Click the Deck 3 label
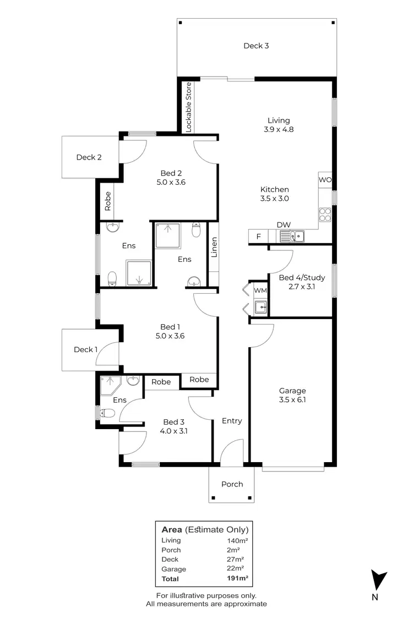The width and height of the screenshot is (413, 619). pyautogui.click(x=256, y=46)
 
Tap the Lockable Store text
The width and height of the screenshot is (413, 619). pyautogui.click(x=188, y=107)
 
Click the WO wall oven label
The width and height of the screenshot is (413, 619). pyautogui.click(x=324, y=180)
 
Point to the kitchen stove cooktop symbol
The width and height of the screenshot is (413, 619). pyautogui.click(x=325, y=213)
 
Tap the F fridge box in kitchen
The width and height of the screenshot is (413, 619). pyautogui.click(x=258, y=237)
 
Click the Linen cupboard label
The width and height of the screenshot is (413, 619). pyautogui.click(x=214, y=247)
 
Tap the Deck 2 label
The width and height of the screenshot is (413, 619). pyautogui.click(x=89, y=157)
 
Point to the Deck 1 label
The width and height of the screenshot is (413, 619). pyautogui.click(x=85, y=349)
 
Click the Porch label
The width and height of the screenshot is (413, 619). pyautogui.click(x=232, y=484)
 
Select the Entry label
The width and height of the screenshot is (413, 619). pyautogui.click(x=232, y=420)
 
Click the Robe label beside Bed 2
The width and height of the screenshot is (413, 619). pyautogui.click(x=108, y=201)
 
